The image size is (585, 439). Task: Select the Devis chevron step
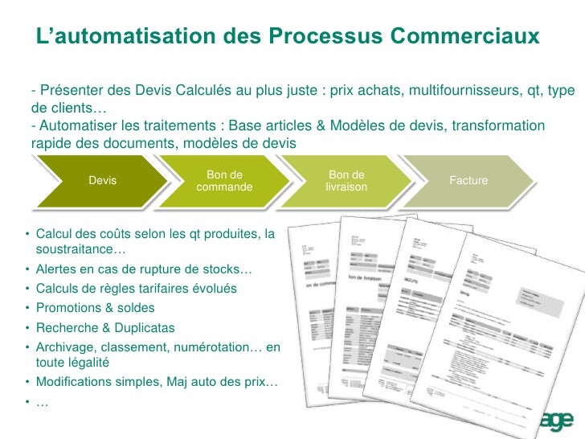pyautogui.click(x=102, y=181)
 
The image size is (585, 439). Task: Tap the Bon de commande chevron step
pyautogui.click(x=224, y=181)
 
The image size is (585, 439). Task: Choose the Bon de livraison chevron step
pyautogui.click(x=346, y=181)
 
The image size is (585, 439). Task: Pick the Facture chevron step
pyautogui.click(x=468, y=181)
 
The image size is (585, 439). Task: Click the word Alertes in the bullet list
pyautogui.click(x=58, y=269)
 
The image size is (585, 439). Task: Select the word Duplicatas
pyautogui.click(x=144, y=328)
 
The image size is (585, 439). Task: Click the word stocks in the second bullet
pyautogui.click(x=222, y=269)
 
